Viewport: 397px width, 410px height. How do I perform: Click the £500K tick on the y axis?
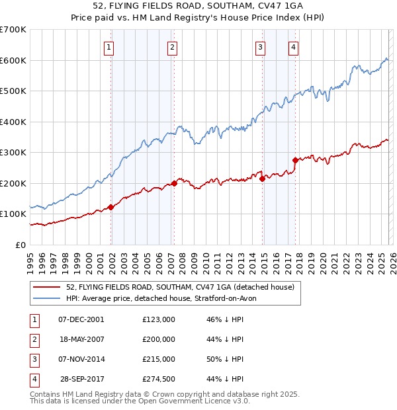[13, 91]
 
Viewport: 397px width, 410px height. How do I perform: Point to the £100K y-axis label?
[13, 214]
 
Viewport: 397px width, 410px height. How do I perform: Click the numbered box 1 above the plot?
[109, 47]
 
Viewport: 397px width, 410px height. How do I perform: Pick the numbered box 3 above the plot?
[261, 47]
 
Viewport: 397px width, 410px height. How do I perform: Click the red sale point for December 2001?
[111, 207]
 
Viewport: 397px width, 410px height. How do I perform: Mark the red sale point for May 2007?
[174, 183]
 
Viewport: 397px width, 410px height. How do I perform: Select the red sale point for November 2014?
[262, 179]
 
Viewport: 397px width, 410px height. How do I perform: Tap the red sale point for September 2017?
[295, 160]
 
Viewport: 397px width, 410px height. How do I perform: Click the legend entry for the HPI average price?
[165, 298]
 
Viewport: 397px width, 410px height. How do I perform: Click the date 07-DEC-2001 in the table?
[81, 319]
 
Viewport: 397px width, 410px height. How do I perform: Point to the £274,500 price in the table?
[159, 379]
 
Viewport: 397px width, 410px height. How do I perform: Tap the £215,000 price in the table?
[159, 359]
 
